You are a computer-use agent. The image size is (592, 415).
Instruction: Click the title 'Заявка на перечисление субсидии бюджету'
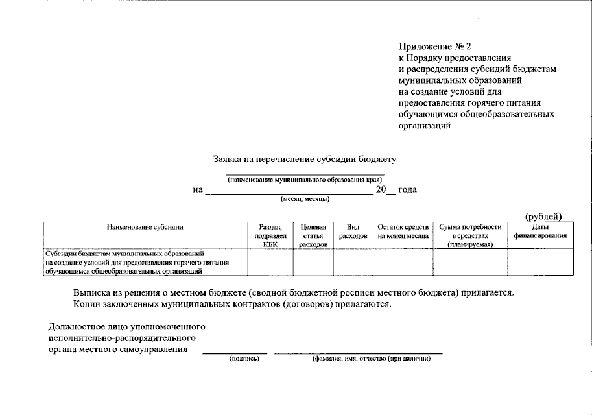coord(305,159)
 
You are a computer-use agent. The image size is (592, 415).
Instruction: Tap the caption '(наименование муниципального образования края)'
coord(304,180)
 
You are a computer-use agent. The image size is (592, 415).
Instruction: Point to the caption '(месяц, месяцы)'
coord(305,200)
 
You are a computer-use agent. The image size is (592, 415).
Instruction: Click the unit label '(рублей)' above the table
coord(543,216)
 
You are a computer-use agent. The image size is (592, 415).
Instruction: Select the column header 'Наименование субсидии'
coord(145,228)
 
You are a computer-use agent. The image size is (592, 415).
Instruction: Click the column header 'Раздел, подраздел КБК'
coord(270,235)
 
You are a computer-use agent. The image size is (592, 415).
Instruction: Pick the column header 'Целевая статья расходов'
coord(313,235)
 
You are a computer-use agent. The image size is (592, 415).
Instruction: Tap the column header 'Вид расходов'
coord(353,231)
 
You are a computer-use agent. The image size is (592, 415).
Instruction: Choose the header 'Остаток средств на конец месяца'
coord(403,231)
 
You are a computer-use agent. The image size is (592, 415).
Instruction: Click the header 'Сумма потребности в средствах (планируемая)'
coord(470,235)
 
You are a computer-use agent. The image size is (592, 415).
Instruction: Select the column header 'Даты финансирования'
coord(540,231)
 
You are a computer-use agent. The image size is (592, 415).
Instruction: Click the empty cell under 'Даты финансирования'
coord(540,263)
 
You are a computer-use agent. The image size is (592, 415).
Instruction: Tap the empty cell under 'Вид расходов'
coord(353,263)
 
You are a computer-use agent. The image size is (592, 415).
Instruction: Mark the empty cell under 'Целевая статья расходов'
coord(313,263)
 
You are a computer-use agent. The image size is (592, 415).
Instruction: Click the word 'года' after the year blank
coord(407,190)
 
